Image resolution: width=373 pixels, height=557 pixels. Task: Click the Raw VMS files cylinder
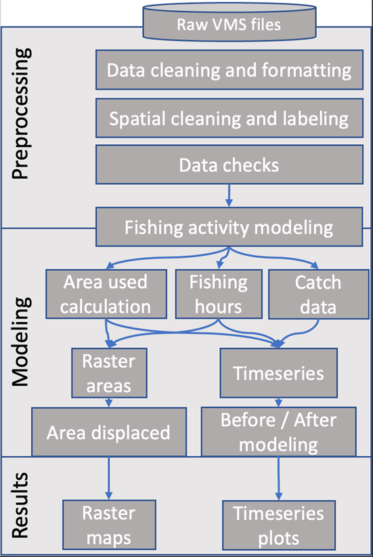[x=229, y=22]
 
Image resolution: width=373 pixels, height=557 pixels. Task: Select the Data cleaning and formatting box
[x=229, y=70]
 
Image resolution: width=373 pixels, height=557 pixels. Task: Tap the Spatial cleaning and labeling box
[x=229, y=118]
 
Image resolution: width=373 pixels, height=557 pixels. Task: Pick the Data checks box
[x=229, y=164]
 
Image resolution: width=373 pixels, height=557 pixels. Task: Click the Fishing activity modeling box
[x=229, y=227]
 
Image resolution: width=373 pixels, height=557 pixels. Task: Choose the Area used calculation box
[x=106, y=294]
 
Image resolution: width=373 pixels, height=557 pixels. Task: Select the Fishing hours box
[x=219, y=294]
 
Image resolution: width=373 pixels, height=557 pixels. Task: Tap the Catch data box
[x=319, y=294]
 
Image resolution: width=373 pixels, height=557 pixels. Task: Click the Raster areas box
[x=109, y=373]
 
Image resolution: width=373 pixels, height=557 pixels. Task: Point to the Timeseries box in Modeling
[x=278, y=373]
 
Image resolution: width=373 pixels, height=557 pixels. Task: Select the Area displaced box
[x=109, y=432]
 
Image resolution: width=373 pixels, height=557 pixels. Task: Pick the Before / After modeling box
[x=279, y=432]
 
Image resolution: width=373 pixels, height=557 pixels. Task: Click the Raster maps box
[x=109, y=525]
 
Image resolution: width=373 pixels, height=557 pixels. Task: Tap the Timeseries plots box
[x=279, y=525]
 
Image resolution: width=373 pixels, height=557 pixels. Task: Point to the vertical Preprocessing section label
[x=20, y=113]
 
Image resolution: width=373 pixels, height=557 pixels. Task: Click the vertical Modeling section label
[x=20, y=342]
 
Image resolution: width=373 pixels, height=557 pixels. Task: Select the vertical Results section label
[x=20, y=505]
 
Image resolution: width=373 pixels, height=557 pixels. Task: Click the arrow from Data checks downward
[x=229, y=196]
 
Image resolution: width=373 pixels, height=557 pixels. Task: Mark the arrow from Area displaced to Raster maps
[x=109, y=478]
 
